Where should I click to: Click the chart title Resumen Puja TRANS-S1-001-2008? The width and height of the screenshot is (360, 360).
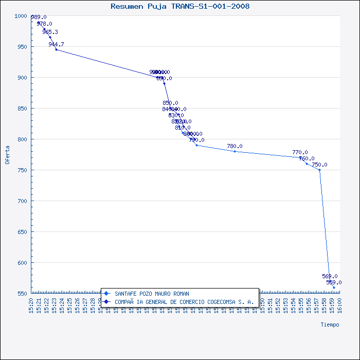coord(180,7)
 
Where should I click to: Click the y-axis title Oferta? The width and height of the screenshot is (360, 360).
coord(7,155)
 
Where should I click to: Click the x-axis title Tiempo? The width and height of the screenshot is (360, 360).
coord(330,325)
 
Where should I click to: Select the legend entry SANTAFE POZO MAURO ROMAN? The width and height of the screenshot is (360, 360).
coord(152,294)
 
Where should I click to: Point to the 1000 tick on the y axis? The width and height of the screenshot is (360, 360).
coord(20,16)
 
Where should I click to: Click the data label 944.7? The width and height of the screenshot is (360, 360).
coord(56,45)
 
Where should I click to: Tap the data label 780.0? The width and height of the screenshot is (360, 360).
coord(235,147)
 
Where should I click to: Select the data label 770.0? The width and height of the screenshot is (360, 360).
coord(300,153)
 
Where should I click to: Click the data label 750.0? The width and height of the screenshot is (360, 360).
coord(319,165)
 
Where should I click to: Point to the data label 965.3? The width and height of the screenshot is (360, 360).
coord(50,32)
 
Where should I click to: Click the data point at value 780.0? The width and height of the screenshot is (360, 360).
coord(235,151)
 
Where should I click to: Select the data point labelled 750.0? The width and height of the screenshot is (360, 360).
coord(319,170)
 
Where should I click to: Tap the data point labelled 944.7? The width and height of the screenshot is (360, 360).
coord(56,49)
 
